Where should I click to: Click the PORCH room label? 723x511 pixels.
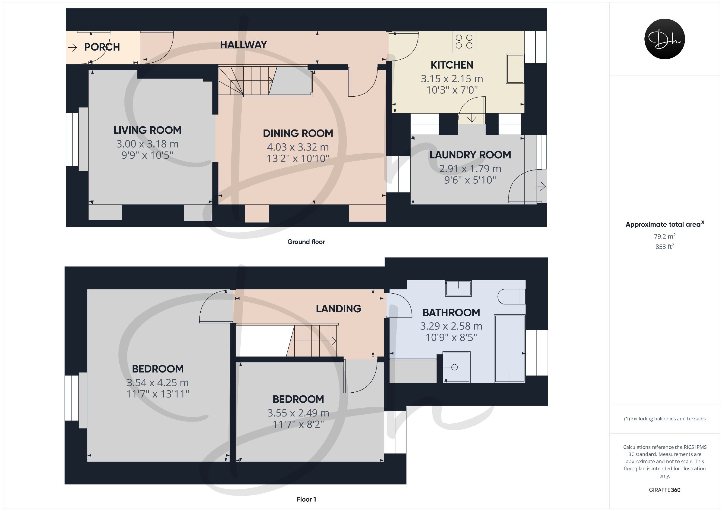pyautogui.click(x=102, y=47)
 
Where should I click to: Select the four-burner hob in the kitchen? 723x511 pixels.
pyautogui.click(x=464, y=41)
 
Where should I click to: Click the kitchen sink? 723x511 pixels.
pyautogui.click(x=515, y=69)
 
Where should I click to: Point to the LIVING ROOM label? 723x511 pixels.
pyautogui.click(x=147, y=130)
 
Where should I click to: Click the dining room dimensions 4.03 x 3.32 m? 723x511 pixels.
pyautogui.click(x=298, y=147)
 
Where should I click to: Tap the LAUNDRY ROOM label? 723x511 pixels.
pyautogui.click(x=470, y=155)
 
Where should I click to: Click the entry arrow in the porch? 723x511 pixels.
pyautogui.click(x=72, y=48)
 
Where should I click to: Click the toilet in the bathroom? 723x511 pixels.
pyautogui.click(x=512, y=297)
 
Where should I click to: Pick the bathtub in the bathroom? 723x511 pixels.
pyautogui.click(x=509, y=348)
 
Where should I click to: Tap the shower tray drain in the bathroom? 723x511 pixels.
pyautogui.click(x=454, y=367)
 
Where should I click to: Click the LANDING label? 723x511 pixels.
pyautogui.click(x=339, y=309)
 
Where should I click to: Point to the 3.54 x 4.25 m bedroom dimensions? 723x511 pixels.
pyautogui.click(x=158, y=382)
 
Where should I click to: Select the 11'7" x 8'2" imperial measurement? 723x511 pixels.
pyautogui.click(x=298, y=424)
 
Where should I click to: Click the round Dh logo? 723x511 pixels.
pyautogui.click(x=665, y=39)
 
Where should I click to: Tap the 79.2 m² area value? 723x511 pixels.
pyautogui.click(x=665, y=236)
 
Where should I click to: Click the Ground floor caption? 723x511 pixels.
pyautogui.click(x=306, y=242)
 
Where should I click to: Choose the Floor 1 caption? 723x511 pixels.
pyautogui.click(x=306, y=499)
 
